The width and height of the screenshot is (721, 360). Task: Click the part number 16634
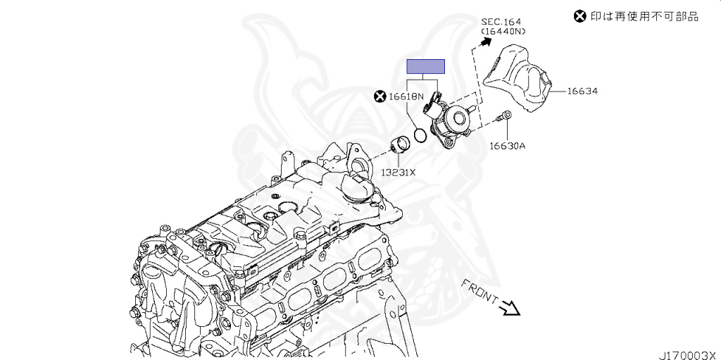[582, 91]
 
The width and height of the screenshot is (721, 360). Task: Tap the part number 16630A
[508, 147]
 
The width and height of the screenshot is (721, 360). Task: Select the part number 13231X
[399, 172]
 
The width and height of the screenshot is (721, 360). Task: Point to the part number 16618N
[406, 96]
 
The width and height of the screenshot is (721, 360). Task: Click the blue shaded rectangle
[426, 67]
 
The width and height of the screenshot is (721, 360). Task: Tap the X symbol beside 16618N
[380, 96]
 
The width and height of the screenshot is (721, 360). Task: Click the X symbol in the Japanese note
[579, 15]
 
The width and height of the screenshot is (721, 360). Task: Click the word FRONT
[479, 290]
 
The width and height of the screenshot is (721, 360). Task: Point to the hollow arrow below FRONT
[510, 307]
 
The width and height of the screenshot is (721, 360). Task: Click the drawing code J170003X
[687, 354]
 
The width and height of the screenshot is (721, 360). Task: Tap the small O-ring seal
[420, 135]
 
